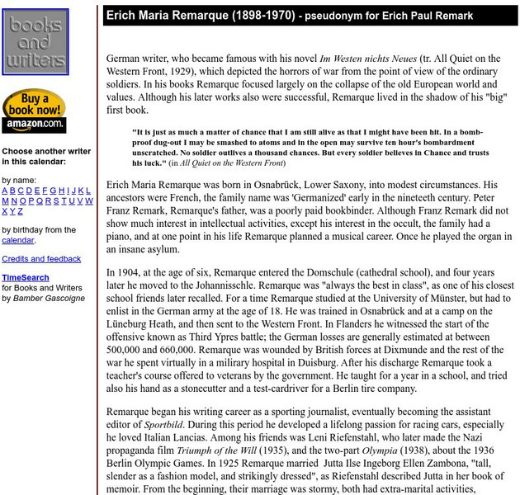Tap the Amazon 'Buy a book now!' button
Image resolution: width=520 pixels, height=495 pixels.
point(34,111)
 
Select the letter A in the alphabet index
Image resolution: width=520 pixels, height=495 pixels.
point(5,191)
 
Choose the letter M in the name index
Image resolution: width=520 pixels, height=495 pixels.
point(5,200)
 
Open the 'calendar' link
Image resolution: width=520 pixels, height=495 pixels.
point(17,240)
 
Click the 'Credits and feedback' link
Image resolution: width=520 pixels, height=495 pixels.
point(41,259)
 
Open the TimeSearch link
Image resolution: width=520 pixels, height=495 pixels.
point(25,278)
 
